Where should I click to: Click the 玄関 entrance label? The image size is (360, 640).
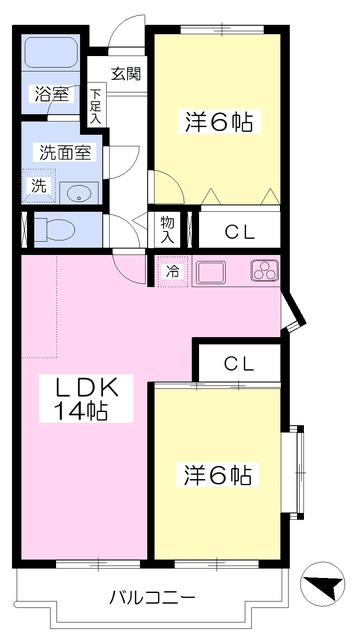pyautogui.click(x=127, y=74)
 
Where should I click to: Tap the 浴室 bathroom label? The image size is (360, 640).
pyautogui.click(x=51, y=95)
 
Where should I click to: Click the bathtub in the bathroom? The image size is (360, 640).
pyautogui.click(x=51, y=53)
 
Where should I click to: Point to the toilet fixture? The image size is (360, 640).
pyautogui.click(x=54, y=229)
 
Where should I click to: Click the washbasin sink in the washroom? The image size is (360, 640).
pyautogui.click(x=79, y=193)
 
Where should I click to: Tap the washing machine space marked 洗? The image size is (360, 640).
pyautogui.click(x=38, y=186)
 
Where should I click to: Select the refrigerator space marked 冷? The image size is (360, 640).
pyautogui.click(x=173, y=271)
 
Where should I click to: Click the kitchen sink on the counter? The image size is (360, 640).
pyautogui.click(x=211, y=272)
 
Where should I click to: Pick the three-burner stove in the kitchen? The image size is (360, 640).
pyautogui.click(x=265, y=270)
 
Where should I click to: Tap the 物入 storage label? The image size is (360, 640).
pyautogui.click(x=167, y=231)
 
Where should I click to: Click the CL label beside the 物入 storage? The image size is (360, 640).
pyautogui.click(x=240, y=233)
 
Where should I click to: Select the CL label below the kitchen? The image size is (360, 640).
pyautogui.click(x=240, y=363)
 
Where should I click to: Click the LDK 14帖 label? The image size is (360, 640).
pyautogui.click(x=87, y=398)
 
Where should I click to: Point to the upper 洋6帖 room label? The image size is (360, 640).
pyautogui.click(x=218, y=121)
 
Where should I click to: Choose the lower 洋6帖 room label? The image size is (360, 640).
pyautogui.click(x=218, y=474)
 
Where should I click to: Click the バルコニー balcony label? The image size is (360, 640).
pyautogui.click(x=152, y=598)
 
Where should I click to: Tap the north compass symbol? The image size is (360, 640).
pyautogui.click(x=322, y=583)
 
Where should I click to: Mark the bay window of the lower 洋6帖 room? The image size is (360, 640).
pyautogui.click(x=296, y=472)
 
